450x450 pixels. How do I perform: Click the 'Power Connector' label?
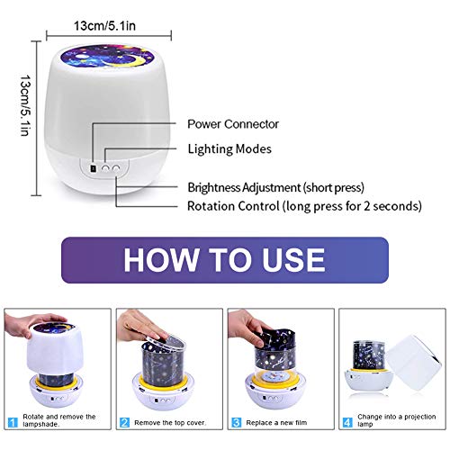click(x=233, y=124)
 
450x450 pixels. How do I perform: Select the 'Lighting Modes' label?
click(x=229, y=149)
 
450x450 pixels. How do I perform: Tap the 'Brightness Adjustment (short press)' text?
click(x=276, y=188)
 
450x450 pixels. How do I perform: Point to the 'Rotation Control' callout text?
click(x=233, y=206)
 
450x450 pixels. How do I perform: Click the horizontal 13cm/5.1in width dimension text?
click(x=104, y=26)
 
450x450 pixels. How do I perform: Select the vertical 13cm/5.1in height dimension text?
click(x=25, y=105)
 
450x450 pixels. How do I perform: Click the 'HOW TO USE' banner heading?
click(x=224, y=260)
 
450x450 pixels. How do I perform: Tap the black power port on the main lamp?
click(x=94, y=168)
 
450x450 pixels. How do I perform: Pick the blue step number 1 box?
click(x=13, y=423)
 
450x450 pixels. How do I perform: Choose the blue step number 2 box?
click(x=124, y=423)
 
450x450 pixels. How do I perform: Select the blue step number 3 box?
click(x=237, y=423)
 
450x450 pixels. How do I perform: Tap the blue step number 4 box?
click(x=347, y=423)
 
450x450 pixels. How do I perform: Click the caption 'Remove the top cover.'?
click(x=170, y=423)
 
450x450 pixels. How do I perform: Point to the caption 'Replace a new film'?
click(x=276, y=423)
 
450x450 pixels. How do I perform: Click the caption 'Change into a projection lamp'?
click(x=396, y=420)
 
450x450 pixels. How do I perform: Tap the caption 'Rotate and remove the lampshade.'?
click(x=59, y=420)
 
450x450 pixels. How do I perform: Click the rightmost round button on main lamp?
click(x=116, y=168)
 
